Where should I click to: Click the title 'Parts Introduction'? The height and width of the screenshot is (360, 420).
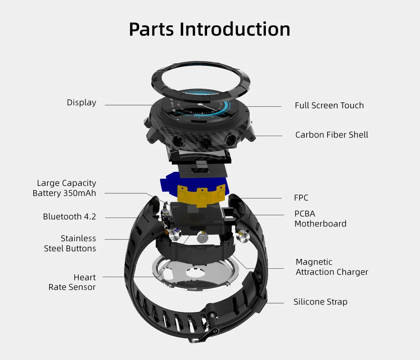coord(210,29)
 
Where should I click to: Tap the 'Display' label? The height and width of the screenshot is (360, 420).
coord(81,103)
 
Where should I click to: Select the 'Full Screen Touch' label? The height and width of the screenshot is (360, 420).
coord(329,106)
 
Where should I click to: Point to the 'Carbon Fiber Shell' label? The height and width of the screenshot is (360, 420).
coord(331,135)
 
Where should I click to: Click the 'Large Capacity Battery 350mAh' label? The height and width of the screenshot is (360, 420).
coord(65,188)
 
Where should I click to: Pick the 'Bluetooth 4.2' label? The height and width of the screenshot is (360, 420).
coord(69,217)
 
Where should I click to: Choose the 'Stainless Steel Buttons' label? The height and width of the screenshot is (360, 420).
coord(70,243)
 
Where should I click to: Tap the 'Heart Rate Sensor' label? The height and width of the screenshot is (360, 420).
coord(72,282)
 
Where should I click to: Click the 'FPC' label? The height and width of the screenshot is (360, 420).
coord(301,198)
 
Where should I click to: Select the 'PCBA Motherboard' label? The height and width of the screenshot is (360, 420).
coord(320,219)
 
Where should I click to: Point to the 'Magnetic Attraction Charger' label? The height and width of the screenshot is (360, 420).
coord(331,267)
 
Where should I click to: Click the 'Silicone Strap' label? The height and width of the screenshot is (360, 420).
coord(320,302)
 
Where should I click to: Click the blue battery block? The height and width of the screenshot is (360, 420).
coord(168,185)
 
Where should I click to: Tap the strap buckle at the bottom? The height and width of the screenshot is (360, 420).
coord(208,334)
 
